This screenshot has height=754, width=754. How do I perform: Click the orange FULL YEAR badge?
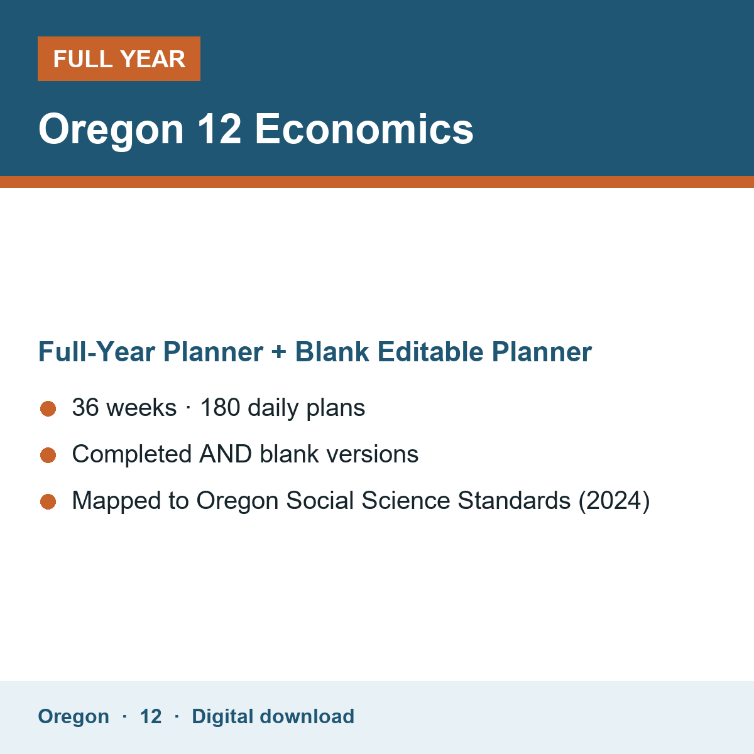[119, 58]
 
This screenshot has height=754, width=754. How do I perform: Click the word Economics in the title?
[364, 129]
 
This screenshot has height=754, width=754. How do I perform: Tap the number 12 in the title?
[219, 129]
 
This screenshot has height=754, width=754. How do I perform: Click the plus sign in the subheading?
[279, 352]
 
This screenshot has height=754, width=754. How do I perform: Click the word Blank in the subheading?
[332, 352]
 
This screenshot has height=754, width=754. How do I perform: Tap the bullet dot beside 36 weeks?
[48, 409]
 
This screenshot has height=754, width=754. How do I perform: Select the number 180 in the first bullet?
[220, 407]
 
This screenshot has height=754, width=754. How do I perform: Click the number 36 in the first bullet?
[85, 407]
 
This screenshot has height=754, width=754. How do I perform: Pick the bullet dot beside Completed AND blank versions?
[48, 455]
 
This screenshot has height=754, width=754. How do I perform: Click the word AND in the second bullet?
[226, 454]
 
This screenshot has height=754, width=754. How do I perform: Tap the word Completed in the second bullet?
[132, 455]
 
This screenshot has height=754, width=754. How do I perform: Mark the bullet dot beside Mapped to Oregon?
[48, 501]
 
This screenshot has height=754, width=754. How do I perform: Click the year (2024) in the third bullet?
[614, 501]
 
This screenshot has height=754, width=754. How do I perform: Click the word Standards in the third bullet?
[514, 500]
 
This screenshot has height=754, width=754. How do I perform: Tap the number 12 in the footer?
[151, 717]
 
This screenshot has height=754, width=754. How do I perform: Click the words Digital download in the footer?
[273, 717]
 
